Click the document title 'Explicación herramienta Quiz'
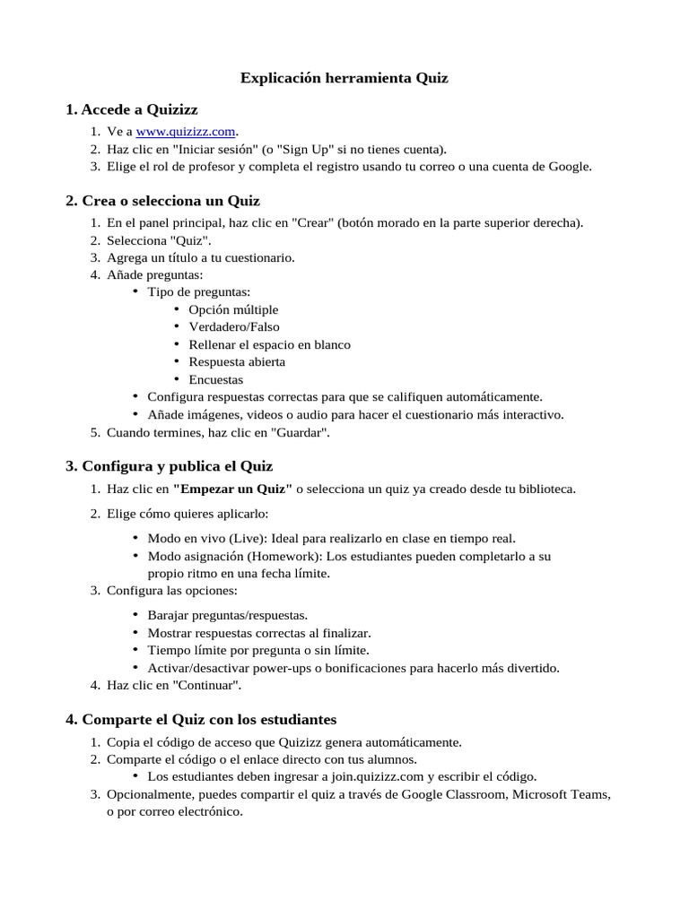pyautogui.click(x=344, y=78)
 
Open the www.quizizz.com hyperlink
pyautogui.click(x=179, y=132)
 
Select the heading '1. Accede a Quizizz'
pyautogui.click(x=131, y=109)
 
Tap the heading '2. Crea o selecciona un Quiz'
pyautogui.click(x=162, y=200)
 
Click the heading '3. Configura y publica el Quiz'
pyautogui.click(x=169, y=466)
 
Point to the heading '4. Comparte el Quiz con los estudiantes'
pyautogui.click(x=201, y=720)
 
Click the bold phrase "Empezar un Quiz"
pyautogui.click(x=232, y=489)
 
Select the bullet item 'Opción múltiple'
pyautogui.click(x=233, y=309)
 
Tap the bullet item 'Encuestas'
pyautogui.click(x=215, y=380)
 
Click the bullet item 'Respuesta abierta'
pyautogui.click(x=237, y=362)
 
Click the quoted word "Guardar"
pyautogui.click(x=298, y=433)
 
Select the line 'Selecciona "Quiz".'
pyautogui.click(x=159, y=240)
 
